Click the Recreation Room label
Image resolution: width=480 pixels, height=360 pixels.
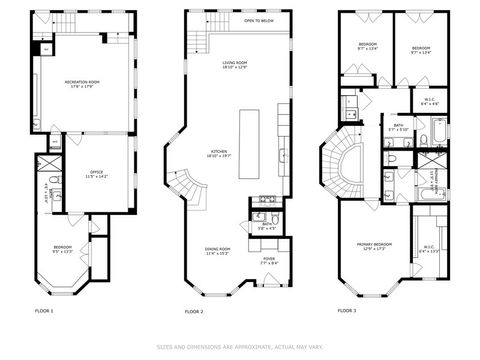[83, 84]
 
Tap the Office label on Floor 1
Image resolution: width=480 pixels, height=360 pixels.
[98, 174]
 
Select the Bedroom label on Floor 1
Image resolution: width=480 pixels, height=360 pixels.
[62, 250]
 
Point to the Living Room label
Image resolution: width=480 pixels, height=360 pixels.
[234, 64]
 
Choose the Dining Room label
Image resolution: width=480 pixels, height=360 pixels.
[218, 251]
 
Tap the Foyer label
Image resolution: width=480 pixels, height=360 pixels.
[269, 260]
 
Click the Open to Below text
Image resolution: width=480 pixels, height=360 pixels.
[258, 20]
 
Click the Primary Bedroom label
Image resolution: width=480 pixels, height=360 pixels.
[375, 245]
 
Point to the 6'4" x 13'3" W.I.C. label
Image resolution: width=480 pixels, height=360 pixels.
[428, 249]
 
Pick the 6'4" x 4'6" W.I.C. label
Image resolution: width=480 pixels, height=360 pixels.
[431, 100]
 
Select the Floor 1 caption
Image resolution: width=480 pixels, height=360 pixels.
[44, 311]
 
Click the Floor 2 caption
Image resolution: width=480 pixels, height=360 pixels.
[194, 311]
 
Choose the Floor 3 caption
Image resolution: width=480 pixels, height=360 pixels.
[347, 311]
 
